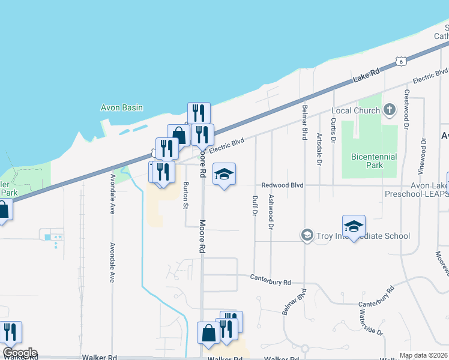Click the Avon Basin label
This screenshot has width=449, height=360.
(x=121, y=108)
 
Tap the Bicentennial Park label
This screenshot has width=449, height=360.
(x=373, y=161)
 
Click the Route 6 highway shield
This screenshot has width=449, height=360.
(x=401, y=61)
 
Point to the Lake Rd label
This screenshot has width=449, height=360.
(x=367, y=76)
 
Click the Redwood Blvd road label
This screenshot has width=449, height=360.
(x=282, y=185)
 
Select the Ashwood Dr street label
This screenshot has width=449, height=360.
(x=271, y=212)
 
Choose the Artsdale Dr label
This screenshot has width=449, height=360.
(x=319, y=149)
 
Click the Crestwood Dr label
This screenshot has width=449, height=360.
(x=406, y=110)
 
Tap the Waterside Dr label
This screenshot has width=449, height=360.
(x=371, y=322)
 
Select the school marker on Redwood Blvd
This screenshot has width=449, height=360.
(x=224, y=174)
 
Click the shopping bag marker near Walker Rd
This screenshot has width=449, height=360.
(x=208, y=333)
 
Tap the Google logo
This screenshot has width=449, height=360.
(x=19, y=353)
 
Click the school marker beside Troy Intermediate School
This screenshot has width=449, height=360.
(x=354, y=226)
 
